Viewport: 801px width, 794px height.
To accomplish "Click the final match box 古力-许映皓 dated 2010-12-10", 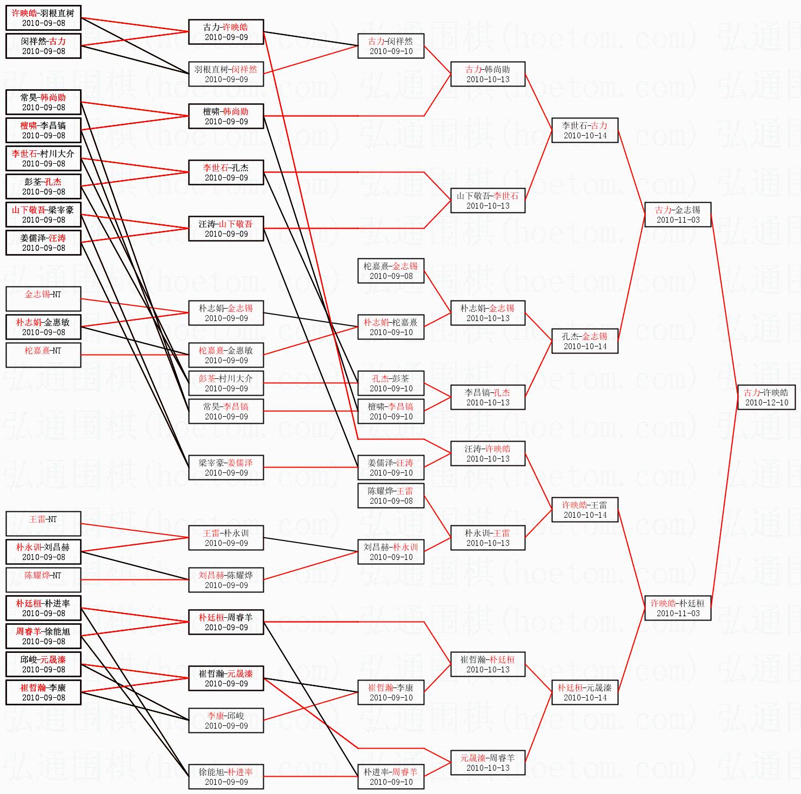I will (x=766, y=397).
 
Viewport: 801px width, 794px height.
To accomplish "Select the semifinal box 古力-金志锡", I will (x=677, y=215).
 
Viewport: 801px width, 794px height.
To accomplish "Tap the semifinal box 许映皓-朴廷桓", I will (x=677, y=608).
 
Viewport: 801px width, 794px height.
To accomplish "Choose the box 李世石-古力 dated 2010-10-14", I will (x=584, y=130).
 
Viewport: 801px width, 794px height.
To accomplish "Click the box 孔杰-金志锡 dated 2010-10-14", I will (x=584, y=341).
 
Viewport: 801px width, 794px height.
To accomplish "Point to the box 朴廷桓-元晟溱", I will (x=584, y=692).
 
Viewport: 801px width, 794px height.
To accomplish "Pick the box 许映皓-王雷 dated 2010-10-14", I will (x=584, y=510).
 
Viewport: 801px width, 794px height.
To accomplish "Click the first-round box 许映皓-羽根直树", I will (x=43, y=18).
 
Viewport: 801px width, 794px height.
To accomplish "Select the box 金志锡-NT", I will (x=43, y=299).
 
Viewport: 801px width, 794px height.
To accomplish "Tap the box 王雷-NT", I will (x=43, y=524).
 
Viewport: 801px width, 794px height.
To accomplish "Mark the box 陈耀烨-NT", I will (x=43, y=580).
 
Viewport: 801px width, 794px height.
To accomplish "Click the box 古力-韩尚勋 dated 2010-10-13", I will (x=488, y=74).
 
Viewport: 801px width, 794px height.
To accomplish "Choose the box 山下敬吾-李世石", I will (x=488, y=201).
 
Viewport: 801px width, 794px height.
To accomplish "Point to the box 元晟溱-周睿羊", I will (x=488, y=763).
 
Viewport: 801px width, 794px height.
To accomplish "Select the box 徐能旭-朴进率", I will (x=226, y=777).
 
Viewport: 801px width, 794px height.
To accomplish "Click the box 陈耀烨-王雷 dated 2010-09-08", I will (x=391, y=496).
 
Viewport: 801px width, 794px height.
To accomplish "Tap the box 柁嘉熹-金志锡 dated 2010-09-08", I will (x=391, y=271).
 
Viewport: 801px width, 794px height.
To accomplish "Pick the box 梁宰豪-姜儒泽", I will (x=226, y=468).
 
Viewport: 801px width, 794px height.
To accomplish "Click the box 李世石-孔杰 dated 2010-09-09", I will (x=226, y=172).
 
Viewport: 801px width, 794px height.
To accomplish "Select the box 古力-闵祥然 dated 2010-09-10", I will (x=391, y=46).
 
